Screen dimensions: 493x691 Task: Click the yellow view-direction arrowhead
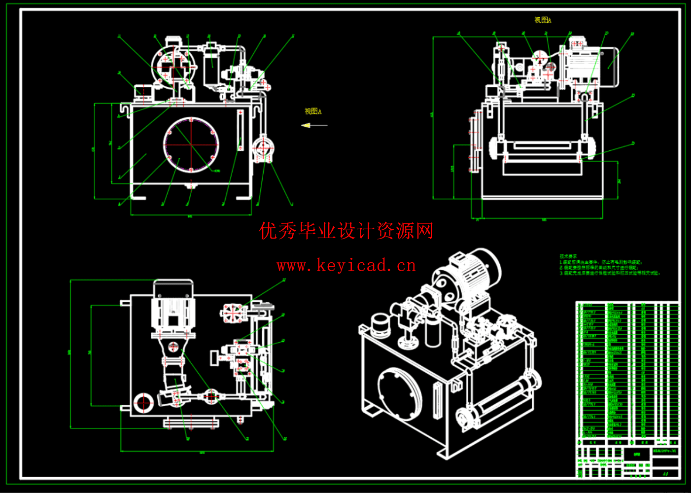click(306, 125)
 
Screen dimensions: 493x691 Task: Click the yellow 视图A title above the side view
click(543, 20)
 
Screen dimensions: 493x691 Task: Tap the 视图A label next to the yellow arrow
click(313, 111)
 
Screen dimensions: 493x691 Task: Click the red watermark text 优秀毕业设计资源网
click(346, 231)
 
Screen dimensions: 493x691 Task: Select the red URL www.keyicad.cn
click(346, 266)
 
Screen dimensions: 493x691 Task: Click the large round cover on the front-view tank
click(191, 145)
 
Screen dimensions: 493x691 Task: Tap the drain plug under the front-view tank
click(190, 186)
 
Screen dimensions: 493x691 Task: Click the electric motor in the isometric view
click(476, 274)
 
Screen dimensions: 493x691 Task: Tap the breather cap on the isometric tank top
click(380, 323)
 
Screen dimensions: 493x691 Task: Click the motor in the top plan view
click(173, 311)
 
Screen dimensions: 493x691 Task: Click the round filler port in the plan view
click(144, 402)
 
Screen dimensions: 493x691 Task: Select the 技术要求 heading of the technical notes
click(568, 256)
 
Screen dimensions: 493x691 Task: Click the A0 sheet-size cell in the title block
click(665, 474)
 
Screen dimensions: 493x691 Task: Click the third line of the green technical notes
click(611, 273)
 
